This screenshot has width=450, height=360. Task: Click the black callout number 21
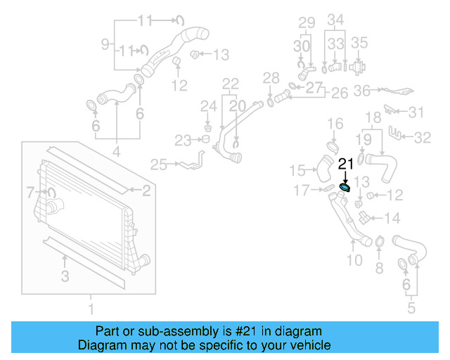345,164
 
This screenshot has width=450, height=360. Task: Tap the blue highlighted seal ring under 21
345,187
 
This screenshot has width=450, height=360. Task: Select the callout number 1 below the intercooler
90,307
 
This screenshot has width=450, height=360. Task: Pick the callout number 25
158,165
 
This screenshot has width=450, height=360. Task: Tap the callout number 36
363,90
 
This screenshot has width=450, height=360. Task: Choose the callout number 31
417,112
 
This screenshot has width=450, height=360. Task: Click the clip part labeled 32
399,133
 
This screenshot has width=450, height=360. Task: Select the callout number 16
335,124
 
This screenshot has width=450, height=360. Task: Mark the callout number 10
354,261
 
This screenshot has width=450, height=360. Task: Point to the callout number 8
379,267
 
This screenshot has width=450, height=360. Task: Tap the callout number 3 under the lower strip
65,276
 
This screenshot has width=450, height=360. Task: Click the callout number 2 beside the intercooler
146,190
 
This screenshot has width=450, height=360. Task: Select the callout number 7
30,191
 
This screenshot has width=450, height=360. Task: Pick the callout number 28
271,77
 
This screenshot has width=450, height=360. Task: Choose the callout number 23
183,141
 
